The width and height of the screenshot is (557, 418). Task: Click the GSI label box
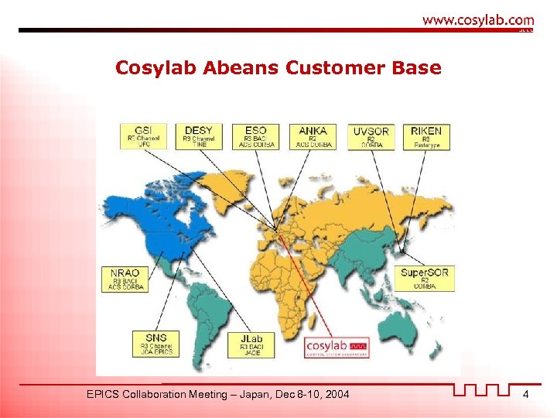pos(143,136)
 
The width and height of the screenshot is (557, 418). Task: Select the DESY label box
pos(199,136)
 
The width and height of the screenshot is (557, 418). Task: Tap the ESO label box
pos(255,136)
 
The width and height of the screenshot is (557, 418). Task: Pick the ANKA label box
pos(313,136)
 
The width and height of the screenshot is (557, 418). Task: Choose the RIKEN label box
pos(426,136)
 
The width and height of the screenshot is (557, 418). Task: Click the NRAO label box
pos(125,279)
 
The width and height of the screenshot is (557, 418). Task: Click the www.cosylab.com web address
pos(477,20)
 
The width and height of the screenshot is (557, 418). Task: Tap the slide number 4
pos(525,395)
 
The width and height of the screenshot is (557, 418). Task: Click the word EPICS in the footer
pos(105,395)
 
